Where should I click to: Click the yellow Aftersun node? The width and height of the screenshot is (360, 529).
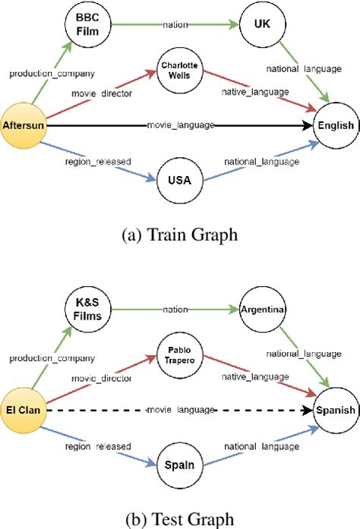(23, 124)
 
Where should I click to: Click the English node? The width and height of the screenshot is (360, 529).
(335, 125)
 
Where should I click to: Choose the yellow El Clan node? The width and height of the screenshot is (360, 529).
(24, 410)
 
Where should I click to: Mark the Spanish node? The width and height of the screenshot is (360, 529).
(335, 410)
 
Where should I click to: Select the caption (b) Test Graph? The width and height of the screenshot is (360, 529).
(179, 519)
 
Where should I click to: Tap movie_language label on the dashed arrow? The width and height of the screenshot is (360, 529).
(180, 410)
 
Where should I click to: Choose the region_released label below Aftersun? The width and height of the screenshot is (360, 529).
(99, 162)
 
